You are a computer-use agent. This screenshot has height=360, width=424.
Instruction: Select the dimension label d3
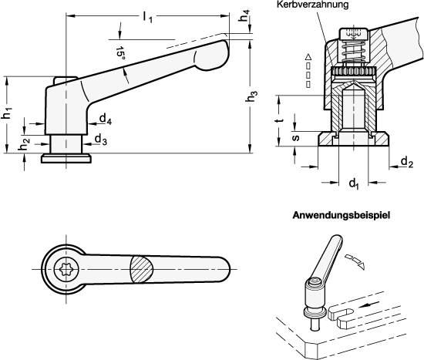[x=101, y=140]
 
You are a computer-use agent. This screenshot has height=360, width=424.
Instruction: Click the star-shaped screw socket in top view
[x=65, y=269]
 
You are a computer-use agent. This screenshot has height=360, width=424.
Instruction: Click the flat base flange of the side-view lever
[x=66, y=159]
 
